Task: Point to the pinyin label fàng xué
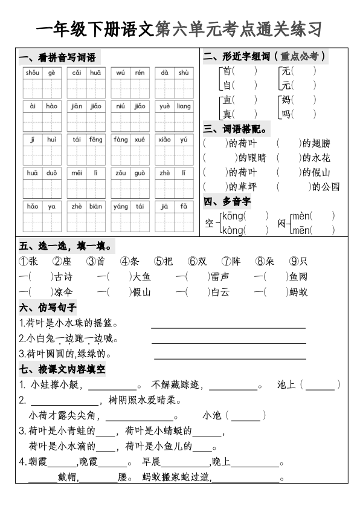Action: point(129,140)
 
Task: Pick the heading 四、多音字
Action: point(227,201)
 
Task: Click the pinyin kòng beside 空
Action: point(233,230)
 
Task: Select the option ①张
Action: point(28,262)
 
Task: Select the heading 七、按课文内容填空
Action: point(63,369)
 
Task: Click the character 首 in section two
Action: point(227,71)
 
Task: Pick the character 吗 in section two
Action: point(286,114)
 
